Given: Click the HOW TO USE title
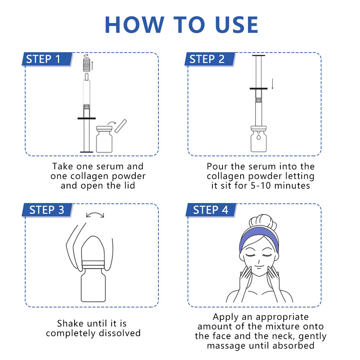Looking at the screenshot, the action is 181,25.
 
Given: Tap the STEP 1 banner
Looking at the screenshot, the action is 47,59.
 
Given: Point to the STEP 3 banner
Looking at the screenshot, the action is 47,210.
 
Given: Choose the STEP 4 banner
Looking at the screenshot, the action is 211,210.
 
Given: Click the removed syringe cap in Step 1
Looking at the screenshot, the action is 86,65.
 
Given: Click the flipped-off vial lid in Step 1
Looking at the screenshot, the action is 121,126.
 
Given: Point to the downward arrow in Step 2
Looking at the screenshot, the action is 273,84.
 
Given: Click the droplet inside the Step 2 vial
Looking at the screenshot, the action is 259,137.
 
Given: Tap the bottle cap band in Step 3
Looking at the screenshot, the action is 93,265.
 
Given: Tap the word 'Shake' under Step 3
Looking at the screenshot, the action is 70,323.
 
